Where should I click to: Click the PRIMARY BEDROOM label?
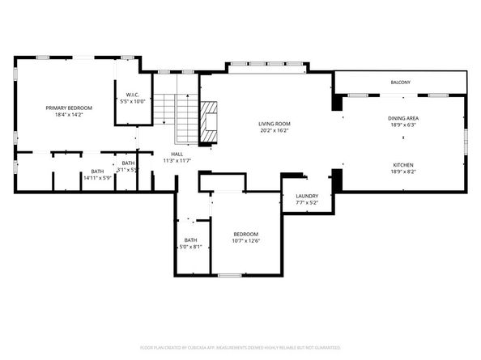click(69, 108)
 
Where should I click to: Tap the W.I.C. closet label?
click(134, 95)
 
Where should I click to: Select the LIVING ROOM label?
click(275, 124)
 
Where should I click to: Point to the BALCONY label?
click(400, 83)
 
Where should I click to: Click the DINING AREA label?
click(402, 118)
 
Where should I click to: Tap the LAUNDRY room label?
click(307, 196)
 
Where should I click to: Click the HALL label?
click(177, 154)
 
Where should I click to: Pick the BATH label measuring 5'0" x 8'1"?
click(190, 239)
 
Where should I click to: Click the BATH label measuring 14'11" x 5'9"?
click(97, 171)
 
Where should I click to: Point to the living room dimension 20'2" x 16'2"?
click(275, 131)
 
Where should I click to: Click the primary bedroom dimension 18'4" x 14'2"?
click(69, 116)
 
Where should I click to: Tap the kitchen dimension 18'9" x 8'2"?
click(402, 171)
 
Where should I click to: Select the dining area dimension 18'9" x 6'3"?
click(402, 125)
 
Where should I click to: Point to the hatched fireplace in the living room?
click(211, 121)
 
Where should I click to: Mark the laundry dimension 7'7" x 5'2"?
click(307, 203)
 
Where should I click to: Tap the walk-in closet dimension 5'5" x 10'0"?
click(134, 102)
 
